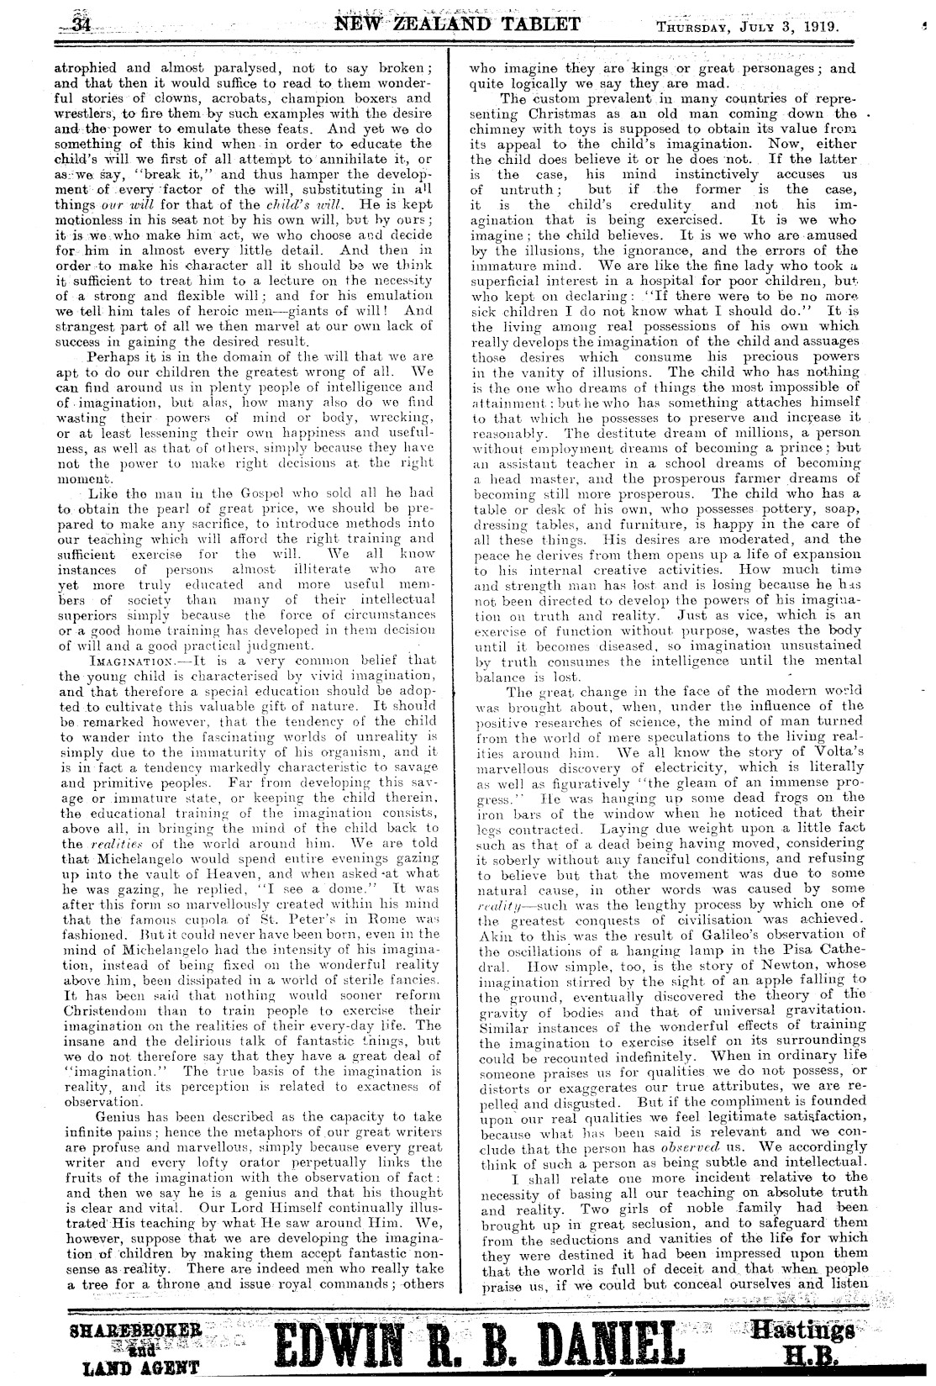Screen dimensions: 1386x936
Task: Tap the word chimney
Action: point(497,128)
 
